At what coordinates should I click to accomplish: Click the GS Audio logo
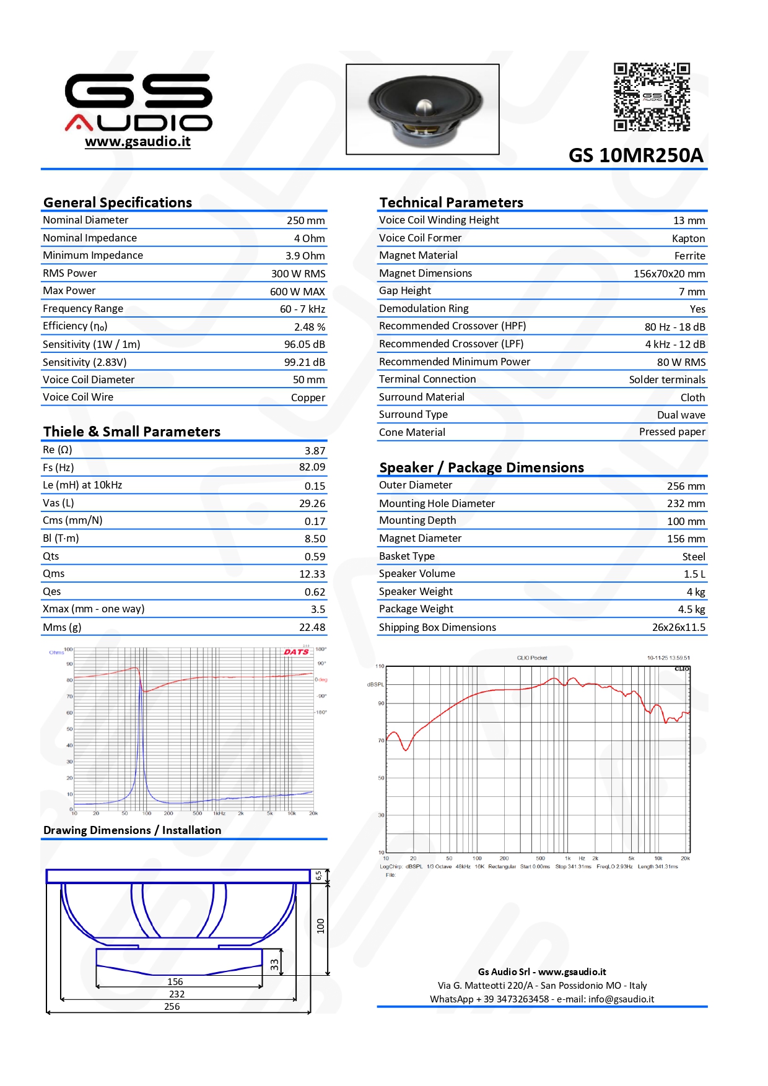[138, 102]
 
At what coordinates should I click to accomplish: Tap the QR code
[652, 97]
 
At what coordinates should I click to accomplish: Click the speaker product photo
[422, 109]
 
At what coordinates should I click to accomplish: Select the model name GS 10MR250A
[635, 155]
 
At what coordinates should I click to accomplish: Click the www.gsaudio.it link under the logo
[137, 142]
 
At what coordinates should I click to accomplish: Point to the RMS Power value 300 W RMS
[298, 274]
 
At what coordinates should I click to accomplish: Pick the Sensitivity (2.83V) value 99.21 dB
[304, 362]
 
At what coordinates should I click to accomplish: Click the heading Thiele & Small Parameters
[132, 432]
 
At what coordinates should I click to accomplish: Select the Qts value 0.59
[315, 557]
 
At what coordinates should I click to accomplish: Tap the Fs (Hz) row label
[58, 467]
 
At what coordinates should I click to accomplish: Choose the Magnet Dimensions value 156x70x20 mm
[669, 274]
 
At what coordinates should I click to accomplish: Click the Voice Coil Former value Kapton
[688, 238]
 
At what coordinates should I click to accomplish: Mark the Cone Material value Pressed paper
[672, 432]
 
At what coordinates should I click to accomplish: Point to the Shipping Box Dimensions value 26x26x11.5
[678, 627]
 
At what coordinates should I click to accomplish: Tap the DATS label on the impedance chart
[296, 652]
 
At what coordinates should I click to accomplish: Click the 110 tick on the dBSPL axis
[380, 667]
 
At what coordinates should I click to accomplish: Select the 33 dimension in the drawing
[274, 965]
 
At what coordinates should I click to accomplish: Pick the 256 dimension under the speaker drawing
[172, 1007]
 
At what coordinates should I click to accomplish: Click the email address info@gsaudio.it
[621, 999]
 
